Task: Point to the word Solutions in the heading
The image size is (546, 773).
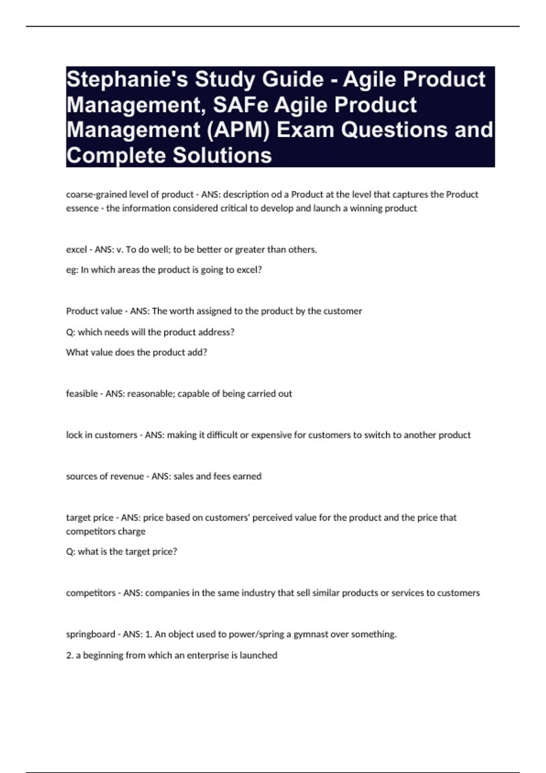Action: [x=222, y=156]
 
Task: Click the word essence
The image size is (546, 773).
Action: [x=82, y=208]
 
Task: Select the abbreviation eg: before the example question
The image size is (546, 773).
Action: [x=72, y=270]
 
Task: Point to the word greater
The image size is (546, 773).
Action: [x=249, y=250]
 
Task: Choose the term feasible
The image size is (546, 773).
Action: [x=82, y=394]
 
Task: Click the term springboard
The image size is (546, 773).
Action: [x=91, y=634]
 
